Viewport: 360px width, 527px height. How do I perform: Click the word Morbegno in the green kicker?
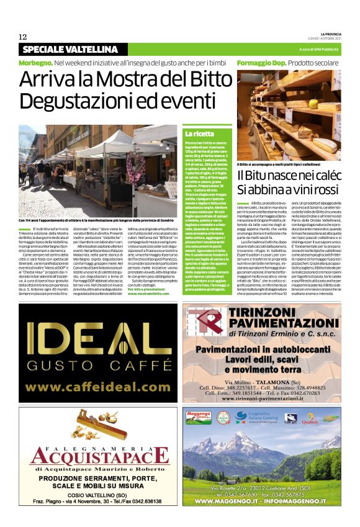(35, 63)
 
